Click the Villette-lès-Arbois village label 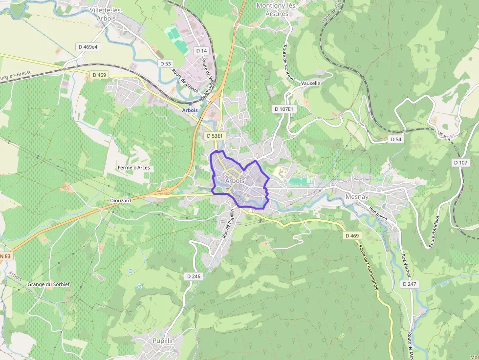coord(106,14)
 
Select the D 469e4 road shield coord(87,47)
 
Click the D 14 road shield coord(201,50)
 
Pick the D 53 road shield coord(166,64)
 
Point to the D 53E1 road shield coord(215,136)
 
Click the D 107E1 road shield coord(284,109)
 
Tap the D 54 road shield coord(396,139)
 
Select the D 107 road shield coord(460,162)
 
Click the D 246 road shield coord(194,276)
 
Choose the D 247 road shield coord(410,284)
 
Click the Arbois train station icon coord(190,104)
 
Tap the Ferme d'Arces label coord(133,168)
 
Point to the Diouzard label coord(121,201)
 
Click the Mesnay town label coord(356,196)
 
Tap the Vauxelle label coord(311,83)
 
